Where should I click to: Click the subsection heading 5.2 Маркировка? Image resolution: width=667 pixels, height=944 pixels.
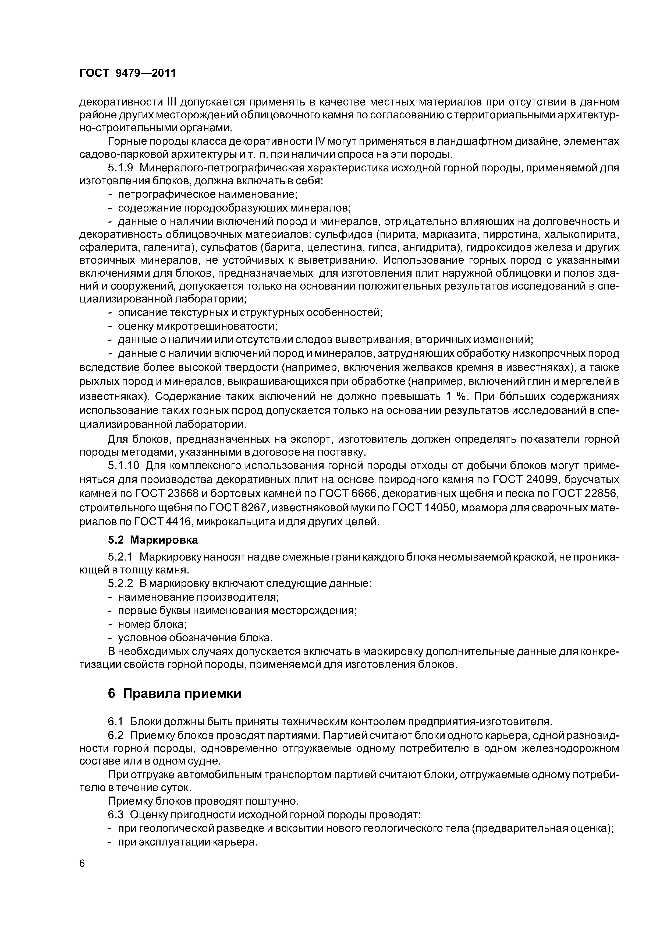[x=153, y=540]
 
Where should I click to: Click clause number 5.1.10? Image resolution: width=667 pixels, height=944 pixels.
[x=124, y=466]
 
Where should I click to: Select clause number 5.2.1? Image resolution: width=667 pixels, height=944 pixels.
[x=120, y=557]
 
